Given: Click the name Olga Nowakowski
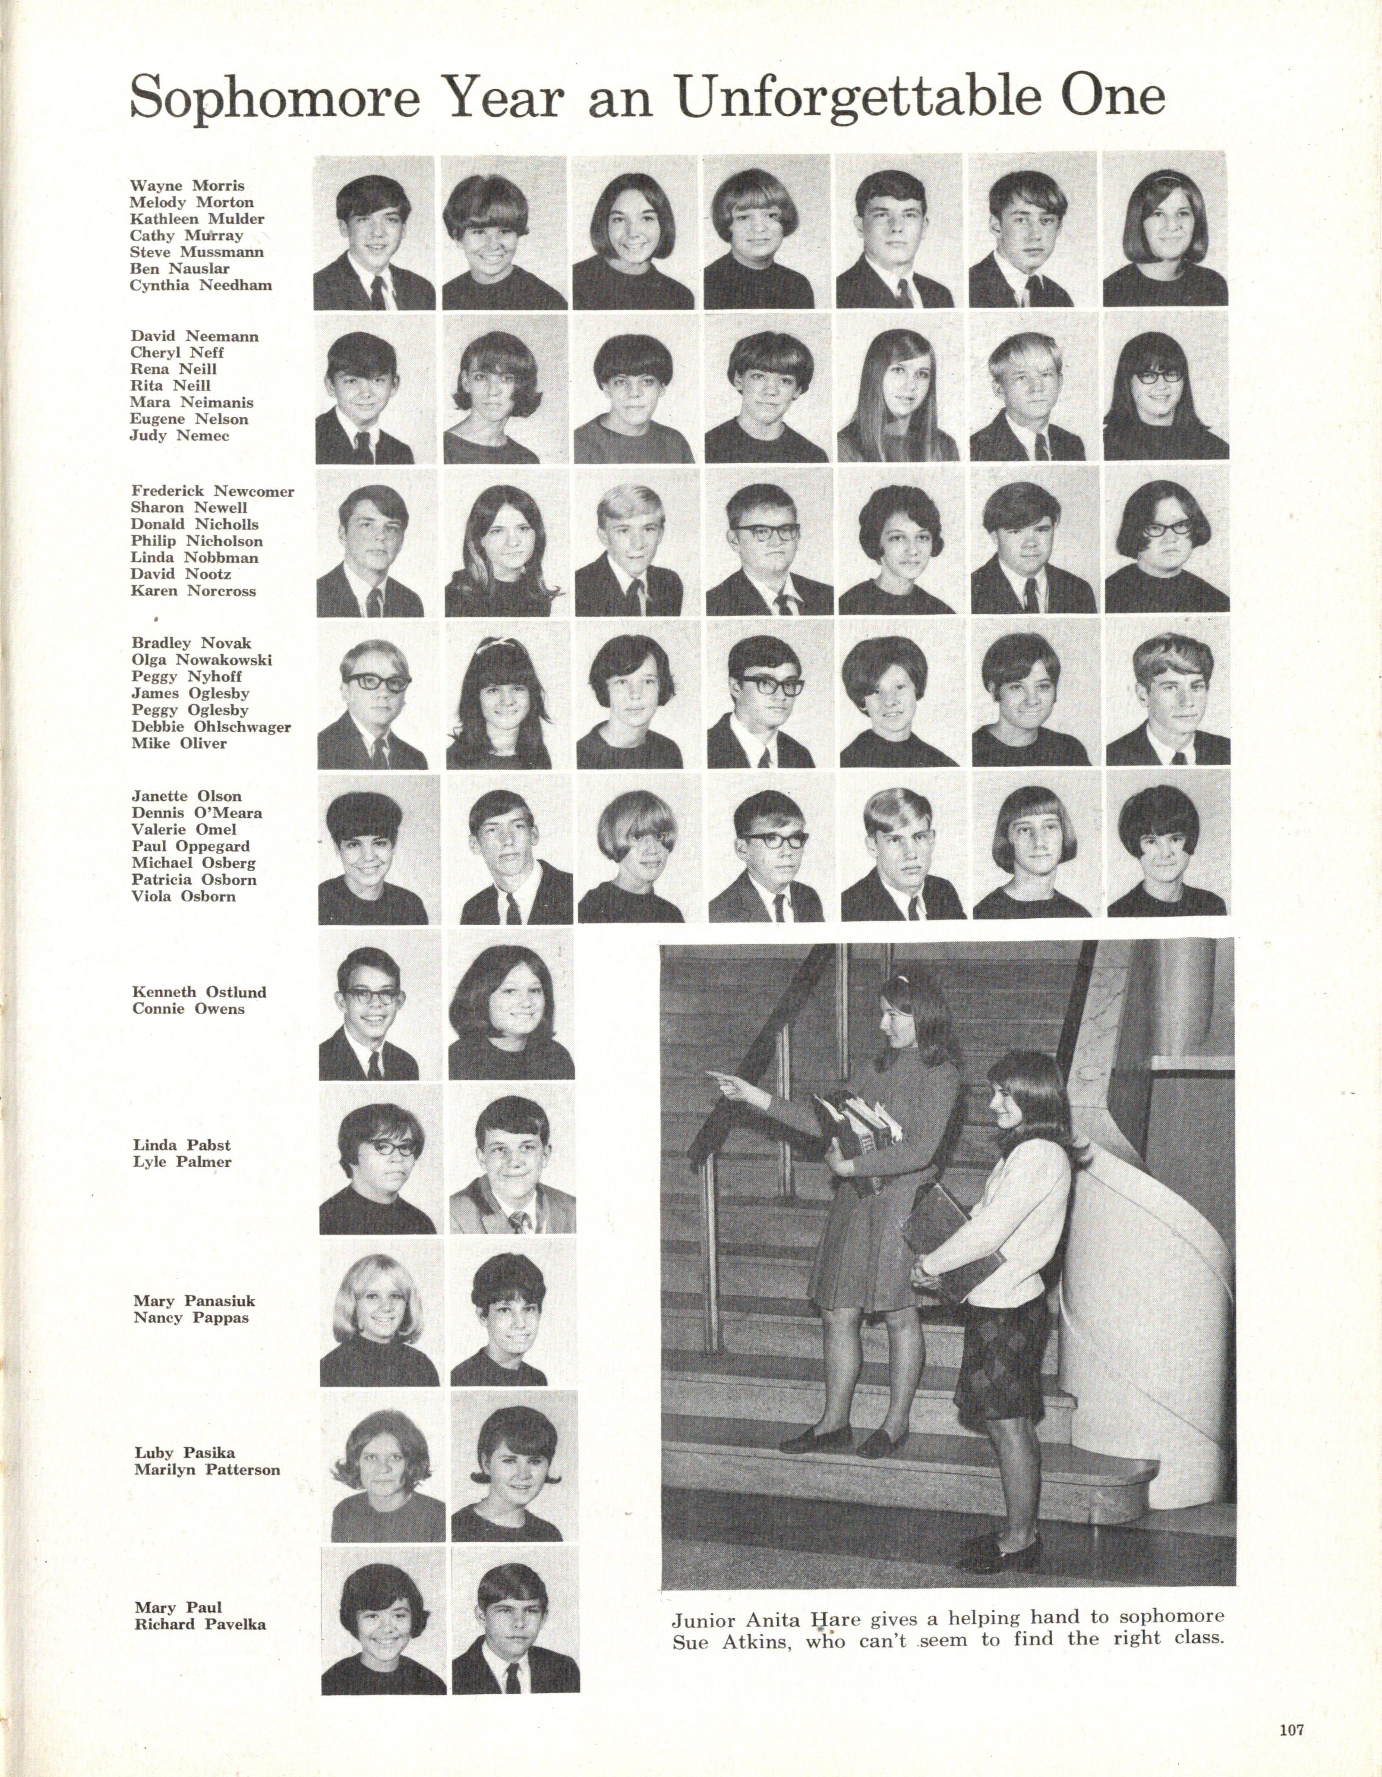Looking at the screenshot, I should (x=202, y=660).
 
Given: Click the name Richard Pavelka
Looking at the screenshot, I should (x=200, y=1625).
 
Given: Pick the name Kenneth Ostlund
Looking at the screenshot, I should (x=199, y=992).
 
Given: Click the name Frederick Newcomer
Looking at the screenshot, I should (x=212, y=491).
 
